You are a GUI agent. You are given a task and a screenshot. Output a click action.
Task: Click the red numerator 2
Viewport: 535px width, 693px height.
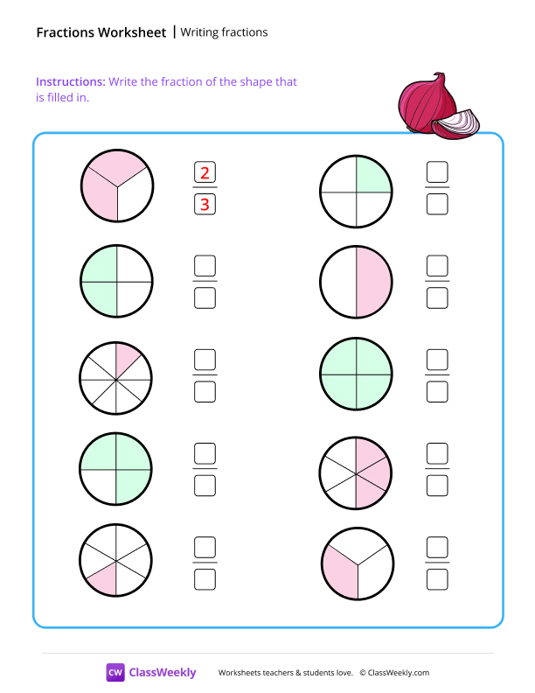(x=205, y=172)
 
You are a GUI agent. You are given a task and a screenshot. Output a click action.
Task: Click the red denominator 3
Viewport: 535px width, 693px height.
(x=205, y=205)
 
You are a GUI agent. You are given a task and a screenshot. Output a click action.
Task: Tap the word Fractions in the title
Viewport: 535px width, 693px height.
(x=66, y=32)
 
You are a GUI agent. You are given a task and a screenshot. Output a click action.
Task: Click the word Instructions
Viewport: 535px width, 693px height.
(x=70, y=81)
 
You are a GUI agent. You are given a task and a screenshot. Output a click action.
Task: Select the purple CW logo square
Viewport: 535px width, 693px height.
(x=115, y=672)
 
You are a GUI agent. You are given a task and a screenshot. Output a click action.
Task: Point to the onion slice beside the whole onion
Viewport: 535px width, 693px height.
(x=457, y=124)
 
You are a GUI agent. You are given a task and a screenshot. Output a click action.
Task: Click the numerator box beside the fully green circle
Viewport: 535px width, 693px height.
(x=437, y=360)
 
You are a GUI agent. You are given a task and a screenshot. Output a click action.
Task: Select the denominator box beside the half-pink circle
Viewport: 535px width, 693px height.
(x=437, y=298)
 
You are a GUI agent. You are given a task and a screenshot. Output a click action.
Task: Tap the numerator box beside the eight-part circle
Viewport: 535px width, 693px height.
(x=205, y=360)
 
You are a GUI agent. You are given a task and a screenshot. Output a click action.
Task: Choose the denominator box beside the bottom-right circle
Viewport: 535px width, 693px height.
(x=437, y=578)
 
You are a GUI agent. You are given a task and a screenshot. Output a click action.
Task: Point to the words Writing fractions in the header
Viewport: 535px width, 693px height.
(x=224, y=32)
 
